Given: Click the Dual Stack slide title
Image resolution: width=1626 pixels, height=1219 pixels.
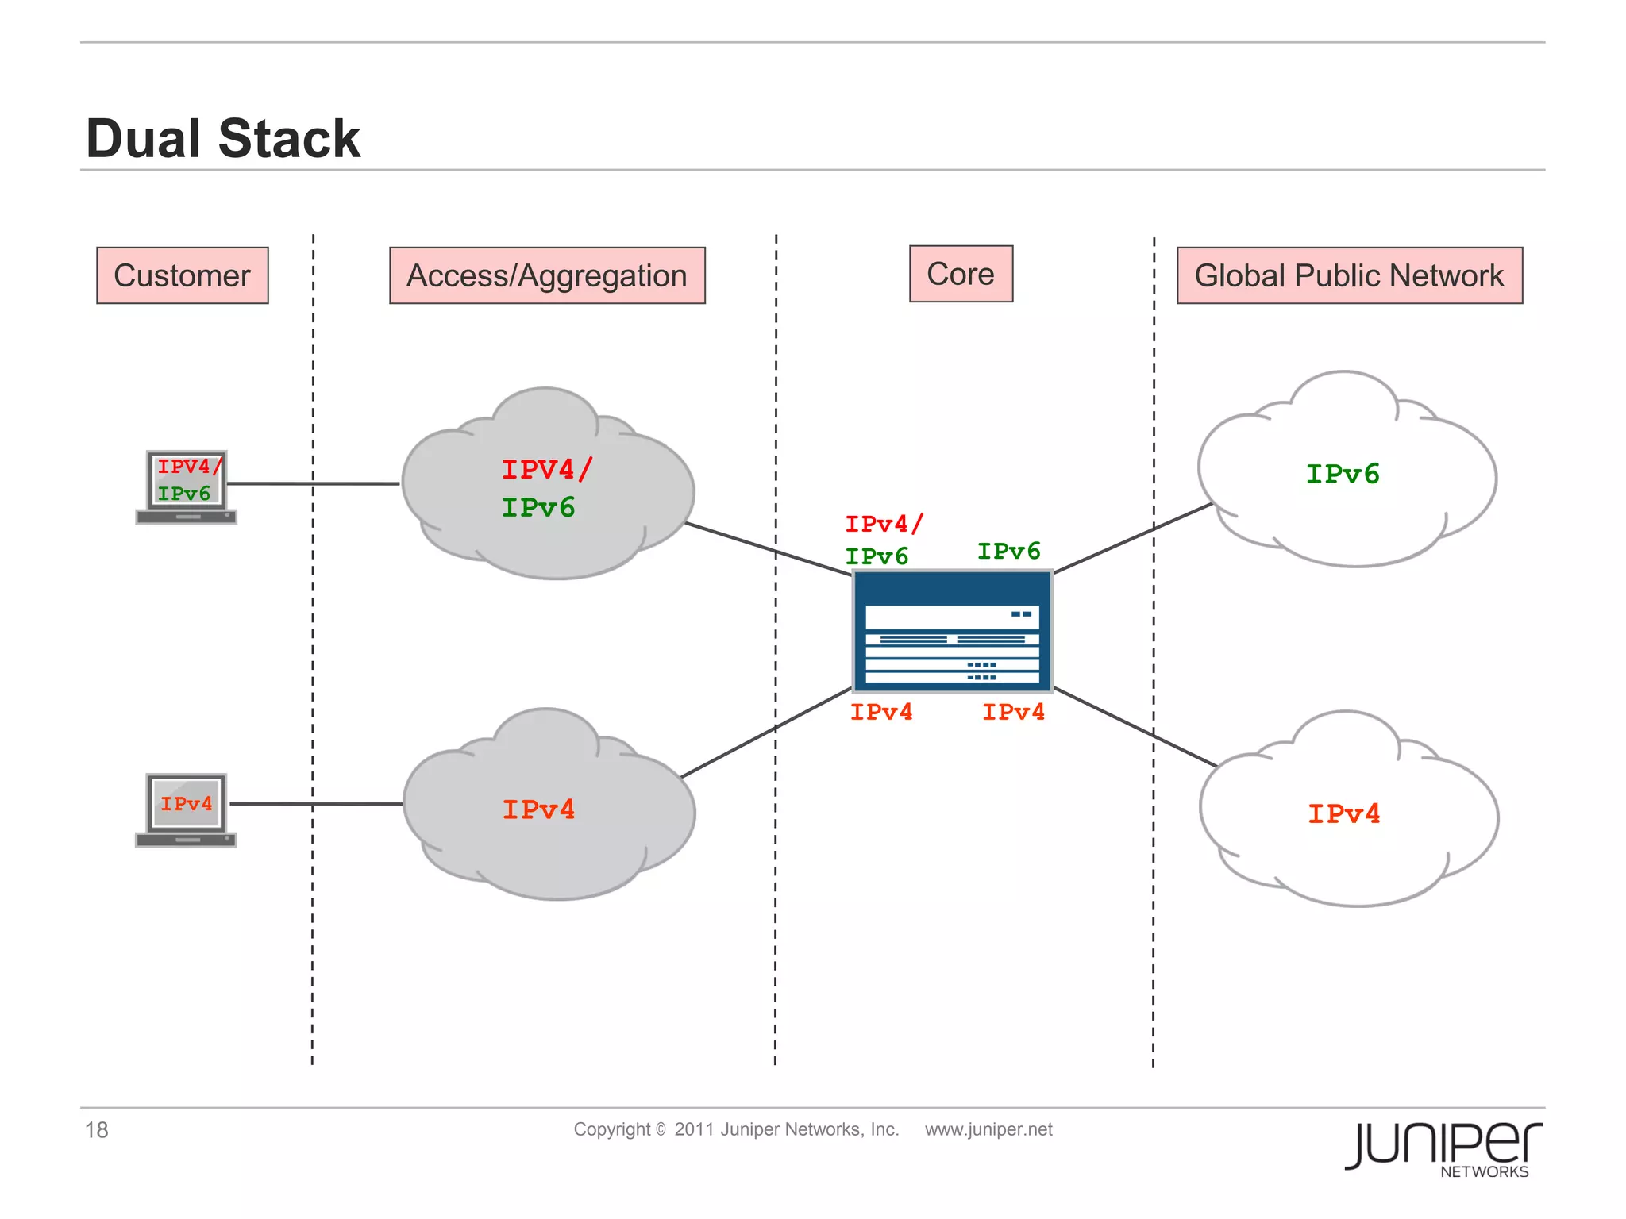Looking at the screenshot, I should [223, 139].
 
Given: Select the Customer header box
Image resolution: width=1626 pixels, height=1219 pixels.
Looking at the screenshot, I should [182, 275].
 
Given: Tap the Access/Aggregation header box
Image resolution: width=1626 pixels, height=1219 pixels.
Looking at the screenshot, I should [547, 275].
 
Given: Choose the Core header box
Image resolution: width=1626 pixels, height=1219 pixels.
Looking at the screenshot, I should [961, 274].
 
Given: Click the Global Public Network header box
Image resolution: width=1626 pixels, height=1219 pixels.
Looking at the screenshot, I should [1349, 275].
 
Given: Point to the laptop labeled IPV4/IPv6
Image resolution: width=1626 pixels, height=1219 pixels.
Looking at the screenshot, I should [187, 486].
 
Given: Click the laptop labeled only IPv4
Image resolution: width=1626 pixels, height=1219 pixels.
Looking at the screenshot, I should [187, 809].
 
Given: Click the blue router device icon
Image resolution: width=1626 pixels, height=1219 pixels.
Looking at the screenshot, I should [952, 631].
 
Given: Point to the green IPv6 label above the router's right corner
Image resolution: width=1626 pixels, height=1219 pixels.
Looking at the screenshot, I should [1008, 551].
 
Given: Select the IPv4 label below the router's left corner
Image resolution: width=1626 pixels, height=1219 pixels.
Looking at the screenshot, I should [881, 712].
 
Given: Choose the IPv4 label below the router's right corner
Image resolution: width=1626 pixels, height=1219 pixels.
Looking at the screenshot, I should [1013, 712].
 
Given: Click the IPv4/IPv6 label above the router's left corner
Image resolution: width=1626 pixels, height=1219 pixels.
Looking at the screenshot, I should [881, 540].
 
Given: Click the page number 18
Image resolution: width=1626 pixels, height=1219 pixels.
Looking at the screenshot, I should [97, 1129].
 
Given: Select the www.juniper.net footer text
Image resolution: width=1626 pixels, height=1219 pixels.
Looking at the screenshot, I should [988, 1129].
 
